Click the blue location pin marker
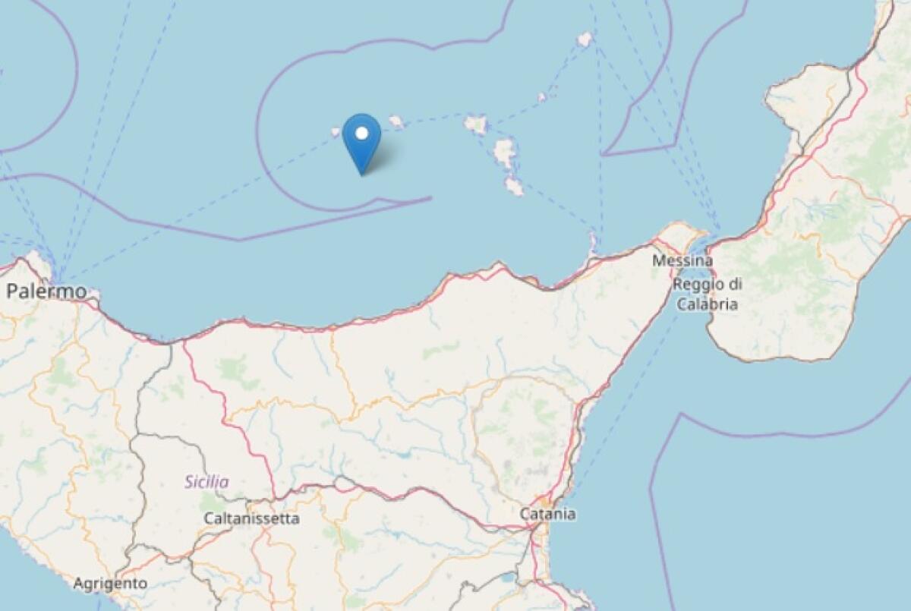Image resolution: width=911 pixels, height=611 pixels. pyautogui.click(x=361, y=141)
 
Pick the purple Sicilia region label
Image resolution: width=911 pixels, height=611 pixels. pyautogui.click(x=206, y=481)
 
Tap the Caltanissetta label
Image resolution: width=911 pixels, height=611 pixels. pyautogui.click(x=251, y=518)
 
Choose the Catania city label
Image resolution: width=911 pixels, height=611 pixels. pyautogui.click(x=547, y=514)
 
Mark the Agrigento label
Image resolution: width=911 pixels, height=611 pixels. pyautogui.click(x=110, y=584)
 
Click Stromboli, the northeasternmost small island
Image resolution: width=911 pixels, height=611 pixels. pyautogui.click(x=585, y=39)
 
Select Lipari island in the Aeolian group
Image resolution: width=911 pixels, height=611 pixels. pyautogui.click(x=505, y=153)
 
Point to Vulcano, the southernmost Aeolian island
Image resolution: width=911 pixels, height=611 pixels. pyautogui.click(x=514, y=186)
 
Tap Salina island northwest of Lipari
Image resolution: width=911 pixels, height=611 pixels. pyautogui.click(x=476, y=124)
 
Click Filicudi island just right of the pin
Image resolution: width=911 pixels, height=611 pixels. pyautogui.click(x=396, y=120)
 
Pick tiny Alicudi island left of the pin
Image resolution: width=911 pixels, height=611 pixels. pyautogui.click(x=336, y=131)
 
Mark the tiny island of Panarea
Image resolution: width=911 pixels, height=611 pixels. pyautogui.click(x=542, y=97)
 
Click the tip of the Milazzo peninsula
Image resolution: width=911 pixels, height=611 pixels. pyautogui.click(x=593, y=238)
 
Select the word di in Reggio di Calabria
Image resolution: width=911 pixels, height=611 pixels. pyautogui.click(x=733, y=285)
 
